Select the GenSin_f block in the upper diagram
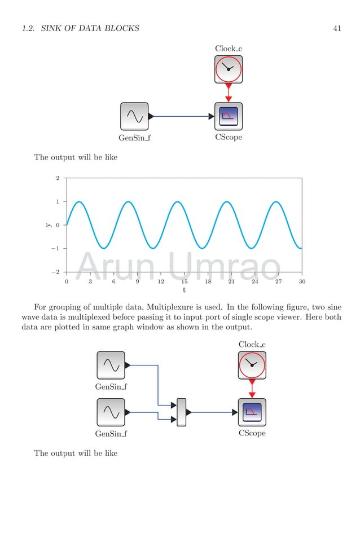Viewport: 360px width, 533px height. click(134, 116)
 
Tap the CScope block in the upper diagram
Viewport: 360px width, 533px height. click(229, 116)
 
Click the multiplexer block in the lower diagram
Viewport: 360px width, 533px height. click(181, 412)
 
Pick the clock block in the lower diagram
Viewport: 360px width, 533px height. click(252, 365)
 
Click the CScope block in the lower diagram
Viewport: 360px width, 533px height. click(252, 412)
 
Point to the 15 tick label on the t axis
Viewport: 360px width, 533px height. click(184, 281)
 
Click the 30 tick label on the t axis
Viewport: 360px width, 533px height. click(302, 281)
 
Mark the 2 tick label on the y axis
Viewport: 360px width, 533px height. click(58, 178)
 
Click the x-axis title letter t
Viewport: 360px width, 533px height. click(184, 290)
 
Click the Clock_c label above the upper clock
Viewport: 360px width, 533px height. click(229, 49)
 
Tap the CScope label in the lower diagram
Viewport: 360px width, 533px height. click(252, 434)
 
